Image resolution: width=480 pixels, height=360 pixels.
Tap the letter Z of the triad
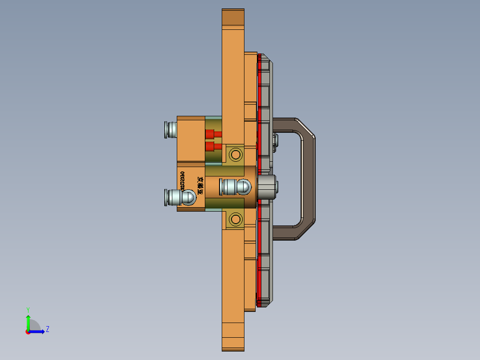[x=48, y=329]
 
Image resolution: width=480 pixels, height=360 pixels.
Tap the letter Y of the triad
[x=28, y=309]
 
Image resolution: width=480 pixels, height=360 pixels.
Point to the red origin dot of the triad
[x=28, y=331]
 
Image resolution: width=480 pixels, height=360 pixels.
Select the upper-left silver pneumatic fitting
[x=170, y=129]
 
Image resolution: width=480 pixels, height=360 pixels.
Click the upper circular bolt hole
[x=235, y=155]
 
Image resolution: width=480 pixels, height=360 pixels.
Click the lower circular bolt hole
[x=235, y=219]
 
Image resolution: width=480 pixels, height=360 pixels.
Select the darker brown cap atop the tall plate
[x=233, y=17]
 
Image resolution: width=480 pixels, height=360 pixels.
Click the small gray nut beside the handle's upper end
[x=275, y=140]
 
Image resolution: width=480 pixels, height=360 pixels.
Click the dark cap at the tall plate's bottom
[x=233, y=344]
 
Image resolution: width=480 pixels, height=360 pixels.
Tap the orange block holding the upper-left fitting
[x=191, y=138]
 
